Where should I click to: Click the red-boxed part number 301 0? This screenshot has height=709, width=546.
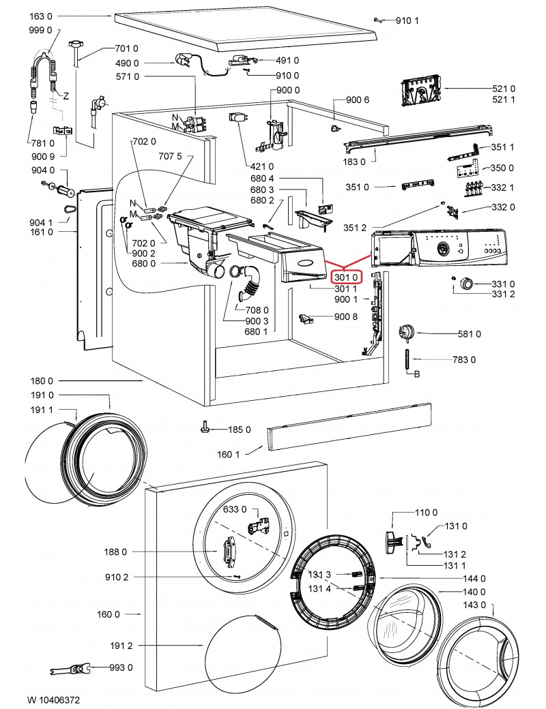[345, 277]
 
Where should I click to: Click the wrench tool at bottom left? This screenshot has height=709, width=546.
[67, 669]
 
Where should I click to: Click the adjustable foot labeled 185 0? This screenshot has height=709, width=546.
[205, 427]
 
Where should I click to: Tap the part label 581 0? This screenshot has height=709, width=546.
[470, 334]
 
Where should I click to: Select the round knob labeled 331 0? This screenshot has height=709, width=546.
[468, 283]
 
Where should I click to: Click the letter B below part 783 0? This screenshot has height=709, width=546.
[417, 374]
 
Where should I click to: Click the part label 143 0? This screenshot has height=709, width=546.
[474, 605]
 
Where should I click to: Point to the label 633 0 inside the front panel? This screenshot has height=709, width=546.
[235, 510]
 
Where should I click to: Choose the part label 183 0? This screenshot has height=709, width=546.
[355, 162]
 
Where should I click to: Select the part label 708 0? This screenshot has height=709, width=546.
[257, 310]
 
